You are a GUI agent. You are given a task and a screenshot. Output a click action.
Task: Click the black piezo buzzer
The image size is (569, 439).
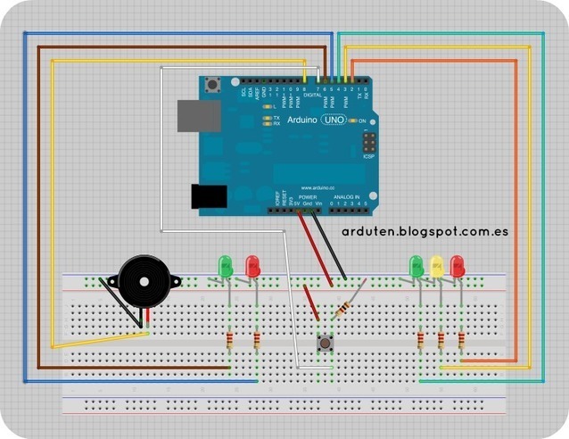pos(143,283)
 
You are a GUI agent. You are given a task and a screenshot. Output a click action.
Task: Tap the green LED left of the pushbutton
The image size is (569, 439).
pos(225,265)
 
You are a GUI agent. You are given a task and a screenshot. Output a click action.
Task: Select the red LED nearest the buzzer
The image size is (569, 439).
pos(253,266)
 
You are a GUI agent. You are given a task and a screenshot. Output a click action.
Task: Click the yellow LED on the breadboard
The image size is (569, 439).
pos(437,266)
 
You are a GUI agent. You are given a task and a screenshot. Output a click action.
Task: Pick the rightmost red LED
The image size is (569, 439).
pos(458,266)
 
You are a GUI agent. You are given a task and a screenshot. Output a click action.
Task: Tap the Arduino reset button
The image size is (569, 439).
pos(214,86)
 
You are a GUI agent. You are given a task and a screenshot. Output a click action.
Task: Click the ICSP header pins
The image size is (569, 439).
pos(368,144)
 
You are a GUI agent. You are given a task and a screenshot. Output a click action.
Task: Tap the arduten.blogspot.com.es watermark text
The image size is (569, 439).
pos(425,231)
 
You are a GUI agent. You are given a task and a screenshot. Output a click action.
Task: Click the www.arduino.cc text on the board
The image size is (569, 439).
pos(317,187)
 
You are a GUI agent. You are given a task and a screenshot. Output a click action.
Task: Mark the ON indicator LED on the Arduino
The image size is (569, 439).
pos(353,120)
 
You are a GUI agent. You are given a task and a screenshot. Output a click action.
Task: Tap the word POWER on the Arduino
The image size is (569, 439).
pos(295,196)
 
